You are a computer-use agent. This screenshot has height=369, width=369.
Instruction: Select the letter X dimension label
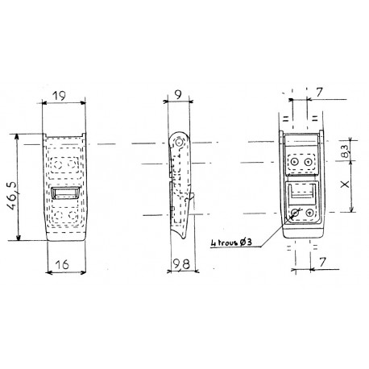coord(346,185)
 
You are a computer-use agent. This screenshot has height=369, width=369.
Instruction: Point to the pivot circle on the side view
coord(180,144)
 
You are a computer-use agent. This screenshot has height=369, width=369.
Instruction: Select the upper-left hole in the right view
coord(295,162)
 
